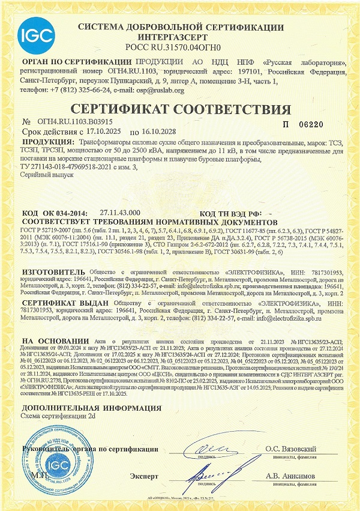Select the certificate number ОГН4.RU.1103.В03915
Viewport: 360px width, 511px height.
[x=70, y=122]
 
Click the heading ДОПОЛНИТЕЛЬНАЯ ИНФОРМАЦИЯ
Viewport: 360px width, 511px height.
[x=79, y=408]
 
